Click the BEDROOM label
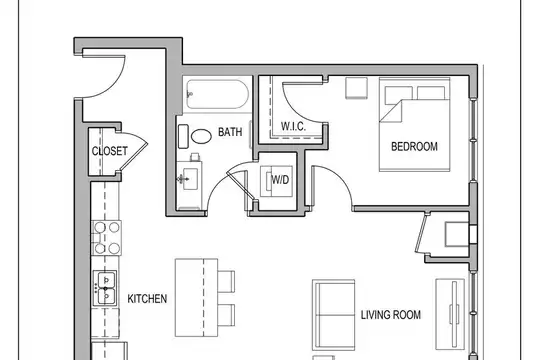[x=414, y=146]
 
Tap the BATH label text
[x=230, y=132]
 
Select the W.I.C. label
[x=293, y=126]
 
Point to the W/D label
[x=280, y=179]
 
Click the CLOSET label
[x=110, y=151]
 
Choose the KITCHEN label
[x=147, y=299]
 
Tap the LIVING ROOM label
[x=391, y=315]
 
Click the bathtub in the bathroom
[x=217, y=94]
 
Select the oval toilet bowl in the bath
[x=201, y=136]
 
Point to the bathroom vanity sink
[x=190, y=179]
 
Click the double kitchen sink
[x=105, y=288]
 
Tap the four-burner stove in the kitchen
[x=106, y=238]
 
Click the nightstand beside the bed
[x=356, y=88]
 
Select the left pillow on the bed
[x=398, y=94]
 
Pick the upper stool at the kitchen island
[x=226, y=281]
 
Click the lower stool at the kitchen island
[x=226, y=315]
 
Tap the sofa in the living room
[x=333, y=315]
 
